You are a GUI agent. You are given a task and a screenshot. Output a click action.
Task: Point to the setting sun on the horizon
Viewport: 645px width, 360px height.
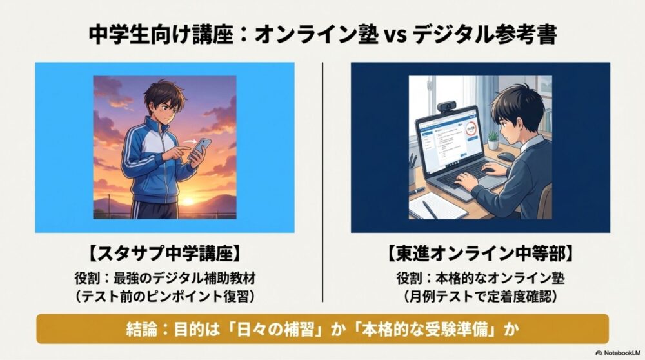186,201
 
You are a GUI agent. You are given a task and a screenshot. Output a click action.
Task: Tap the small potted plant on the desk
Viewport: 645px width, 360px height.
493,140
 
